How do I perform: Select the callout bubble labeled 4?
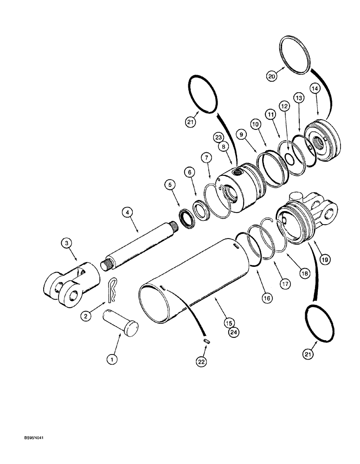[x=126, y=213]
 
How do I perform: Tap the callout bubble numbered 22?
[x=203, y=361]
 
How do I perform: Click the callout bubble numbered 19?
[x=324, y=260]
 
